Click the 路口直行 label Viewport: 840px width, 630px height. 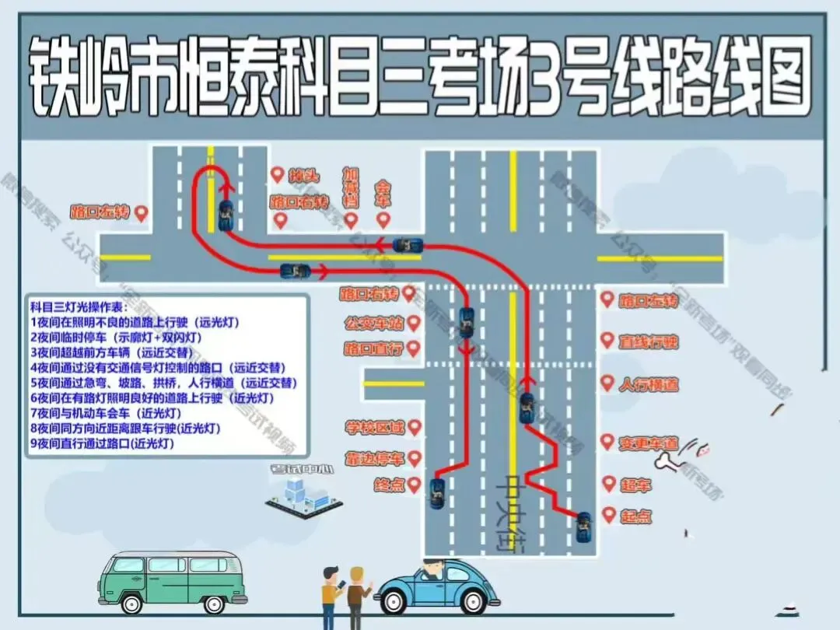(374, 349)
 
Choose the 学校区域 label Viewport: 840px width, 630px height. (376, 428)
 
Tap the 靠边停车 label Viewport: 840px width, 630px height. (376, 459)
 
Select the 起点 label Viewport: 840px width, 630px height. (635, 516)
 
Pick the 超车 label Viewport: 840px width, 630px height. (635, 485)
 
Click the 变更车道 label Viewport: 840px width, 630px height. (648, 444)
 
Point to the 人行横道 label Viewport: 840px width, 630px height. (648, 384)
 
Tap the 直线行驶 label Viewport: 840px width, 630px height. (648, 342)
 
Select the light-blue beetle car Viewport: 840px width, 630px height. (438, 587)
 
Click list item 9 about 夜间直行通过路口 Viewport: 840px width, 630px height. (102, 443)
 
